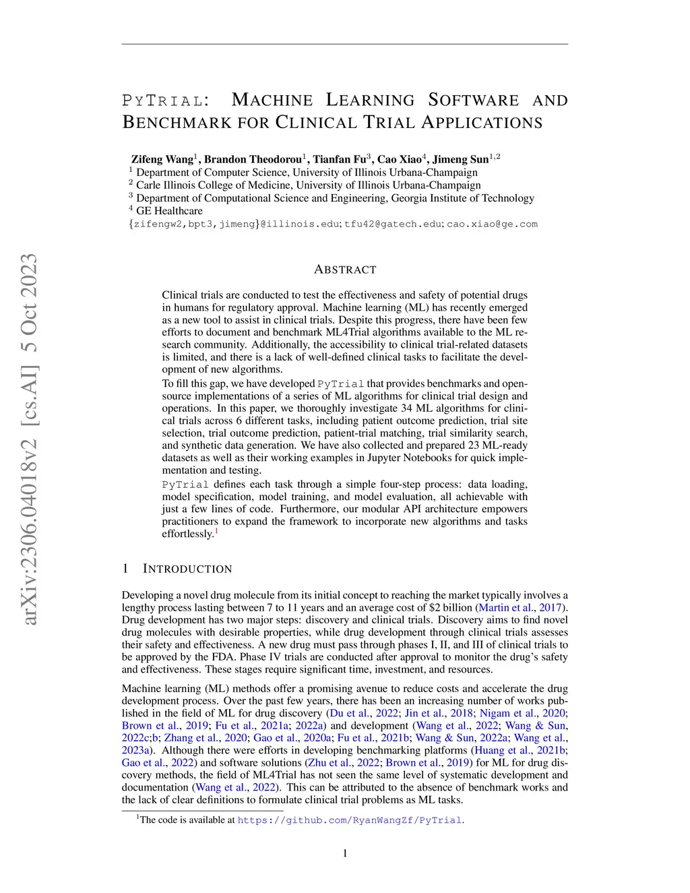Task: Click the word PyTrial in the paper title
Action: tap(162, 101)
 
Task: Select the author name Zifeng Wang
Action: tap(162, 160)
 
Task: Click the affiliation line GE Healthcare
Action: tap(169, 211)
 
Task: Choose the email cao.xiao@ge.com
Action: tap(492, 224)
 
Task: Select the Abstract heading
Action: tap(345, 270)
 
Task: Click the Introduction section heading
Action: tap(187, 569)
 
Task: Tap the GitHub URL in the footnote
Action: tap(350, 820)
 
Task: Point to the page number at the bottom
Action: tap(345, 854)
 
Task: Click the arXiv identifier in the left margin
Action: tap(29, 438)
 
